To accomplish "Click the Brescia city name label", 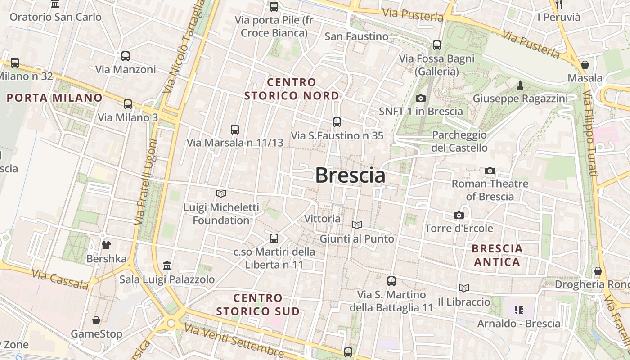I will [350, 175].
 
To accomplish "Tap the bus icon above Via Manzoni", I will [126, 56].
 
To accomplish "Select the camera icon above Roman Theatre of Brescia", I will [490, 171].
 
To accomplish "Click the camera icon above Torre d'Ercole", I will [459, 216].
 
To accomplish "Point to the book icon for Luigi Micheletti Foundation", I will [221, 194].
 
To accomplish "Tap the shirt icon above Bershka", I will [106, 245].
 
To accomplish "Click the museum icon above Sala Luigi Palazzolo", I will [167, 265].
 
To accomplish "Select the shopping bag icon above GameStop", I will [96, 320].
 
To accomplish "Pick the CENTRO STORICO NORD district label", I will [292, 89].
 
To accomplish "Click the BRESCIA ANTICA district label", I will [497, 255].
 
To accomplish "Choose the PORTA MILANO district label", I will [55, 98].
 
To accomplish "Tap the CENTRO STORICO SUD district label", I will [258, 305].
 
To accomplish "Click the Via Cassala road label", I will [61, 279].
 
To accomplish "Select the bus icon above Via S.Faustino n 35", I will [337, 122].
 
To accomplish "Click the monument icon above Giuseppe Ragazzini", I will [520, 85].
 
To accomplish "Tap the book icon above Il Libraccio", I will [464, 288].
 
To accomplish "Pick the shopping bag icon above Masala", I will [585, 65].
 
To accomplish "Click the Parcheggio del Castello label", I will [459, 141].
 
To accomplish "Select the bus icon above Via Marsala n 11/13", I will [235, 130].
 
